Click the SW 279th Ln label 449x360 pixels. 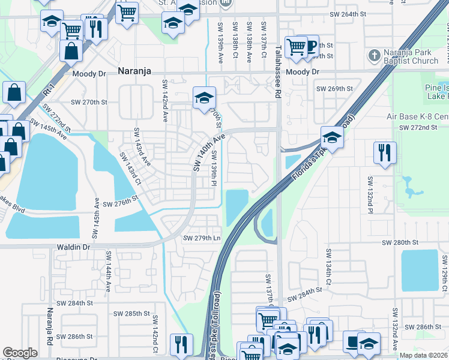(201, 238)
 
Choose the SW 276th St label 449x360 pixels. (121, 204)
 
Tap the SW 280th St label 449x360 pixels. (400, 242)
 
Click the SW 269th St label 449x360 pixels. (334, 89)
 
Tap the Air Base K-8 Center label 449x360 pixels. (415, 116)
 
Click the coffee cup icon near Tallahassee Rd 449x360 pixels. (310, 46)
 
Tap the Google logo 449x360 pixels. (20, 353)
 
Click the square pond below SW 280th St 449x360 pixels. (420, 269)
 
